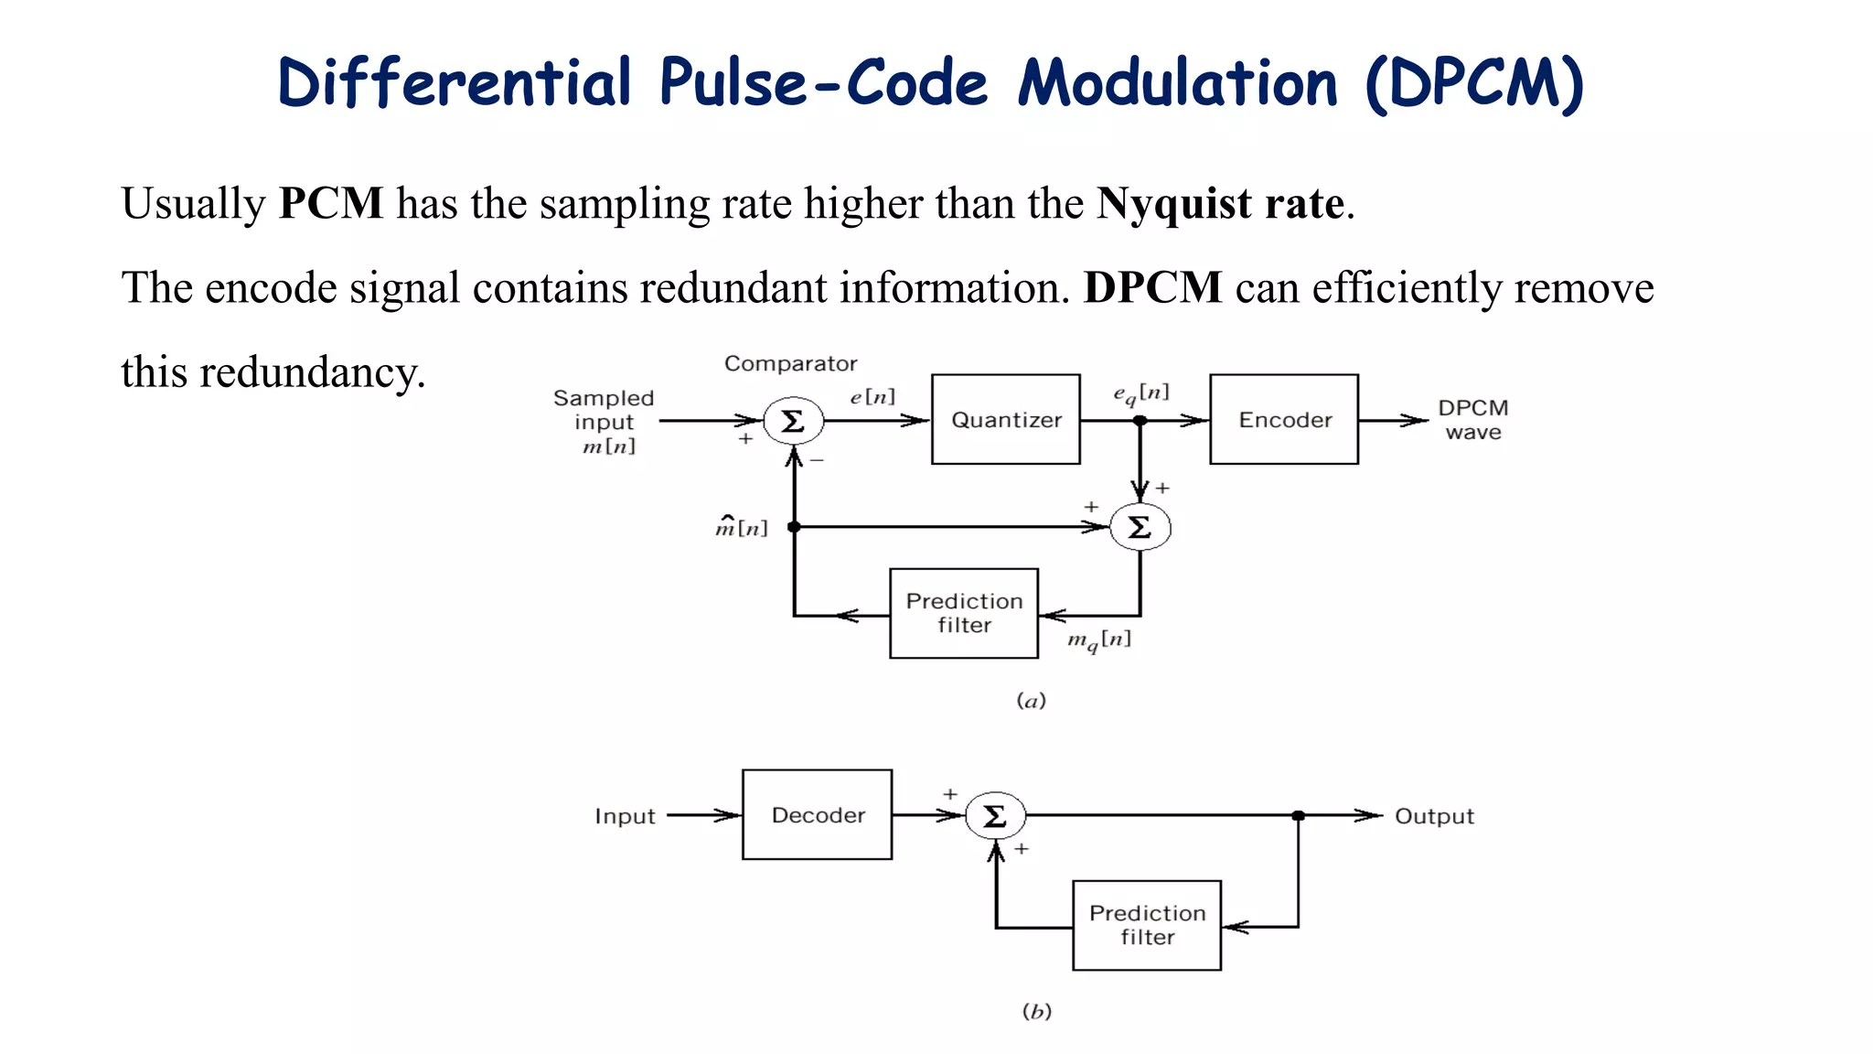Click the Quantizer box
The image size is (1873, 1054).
click(1005, 419)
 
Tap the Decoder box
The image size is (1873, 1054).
click(817, 814)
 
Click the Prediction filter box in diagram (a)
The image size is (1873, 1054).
click(964, 613)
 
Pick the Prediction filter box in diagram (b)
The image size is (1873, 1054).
click(1147, 925)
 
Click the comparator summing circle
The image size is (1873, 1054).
click(793, 421)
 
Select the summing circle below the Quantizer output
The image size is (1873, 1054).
click(1140, 528)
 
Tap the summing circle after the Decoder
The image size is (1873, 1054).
click(995, 815)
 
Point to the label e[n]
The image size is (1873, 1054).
click(872, 397)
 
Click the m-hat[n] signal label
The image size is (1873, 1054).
click(741, 527)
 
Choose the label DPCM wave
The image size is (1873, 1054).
click(1472, 420)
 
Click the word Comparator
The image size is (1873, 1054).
click(790, 364)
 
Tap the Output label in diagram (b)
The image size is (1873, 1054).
click(1434, 816)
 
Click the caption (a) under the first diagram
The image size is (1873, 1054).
click(1031, 701)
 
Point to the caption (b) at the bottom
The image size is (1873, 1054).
click(1036, 1011)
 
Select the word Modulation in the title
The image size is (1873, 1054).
click(1178, 83)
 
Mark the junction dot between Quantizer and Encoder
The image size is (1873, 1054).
click(1140, 421)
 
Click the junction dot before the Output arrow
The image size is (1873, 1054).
click(1298, 815)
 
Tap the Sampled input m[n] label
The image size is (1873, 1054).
click(604, 422)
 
